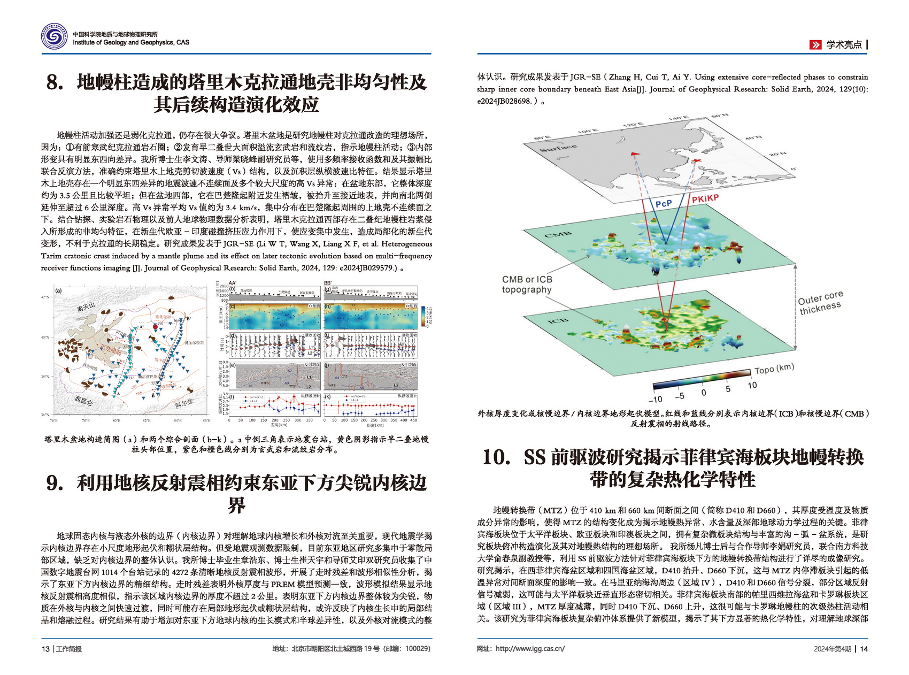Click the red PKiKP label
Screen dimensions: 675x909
(x=705, y=198)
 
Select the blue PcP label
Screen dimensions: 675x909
(x=663, y=204)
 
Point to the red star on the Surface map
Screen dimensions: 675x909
(x=696, y=161)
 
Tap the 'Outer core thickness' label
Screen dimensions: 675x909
(x=820, y=303)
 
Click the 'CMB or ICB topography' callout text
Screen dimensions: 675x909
(x=527, y=285)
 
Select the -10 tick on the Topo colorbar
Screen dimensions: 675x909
(x=656, y=399)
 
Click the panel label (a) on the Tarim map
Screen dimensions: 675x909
(x=59, y=292)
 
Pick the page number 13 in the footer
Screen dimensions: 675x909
(x=45, y=649)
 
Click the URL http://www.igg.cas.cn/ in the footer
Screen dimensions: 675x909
(x=530, y=649)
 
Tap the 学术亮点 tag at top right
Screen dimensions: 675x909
(x=844, y=45)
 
